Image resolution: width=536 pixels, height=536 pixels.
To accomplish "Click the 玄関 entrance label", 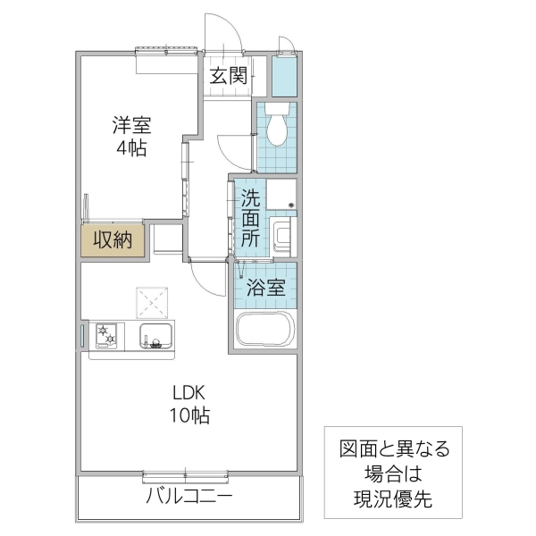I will click(x=229, y=75).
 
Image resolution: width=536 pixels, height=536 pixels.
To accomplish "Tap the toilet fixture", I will click(x=277, y=126).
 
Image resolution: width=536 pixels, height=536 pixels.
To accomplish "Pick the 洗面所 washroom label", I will click(x=250, y=219).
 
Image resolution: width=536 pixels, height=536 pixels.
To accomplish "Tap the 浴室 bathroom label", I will click(x=266, y=288).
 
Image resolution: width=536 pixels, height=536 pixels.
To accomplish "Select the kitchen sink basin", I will click(x=157, y=336).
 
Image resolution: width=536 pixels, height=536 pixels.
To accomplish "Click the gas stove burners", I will click(x=108, y=335).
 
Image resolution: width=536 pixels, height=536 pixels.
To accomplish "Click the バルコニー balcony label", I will click(x=188, y=497).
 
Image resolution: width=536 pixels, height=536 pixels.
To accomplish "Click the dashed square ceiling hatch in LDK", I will click(x=153, y=302).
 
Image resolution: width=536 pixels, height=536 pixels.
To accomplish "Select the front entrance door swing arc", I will click(x=223, y=34).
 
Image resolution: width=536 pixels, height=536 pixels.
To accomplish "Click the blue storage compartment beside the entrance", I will click(x=285, y=76).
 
